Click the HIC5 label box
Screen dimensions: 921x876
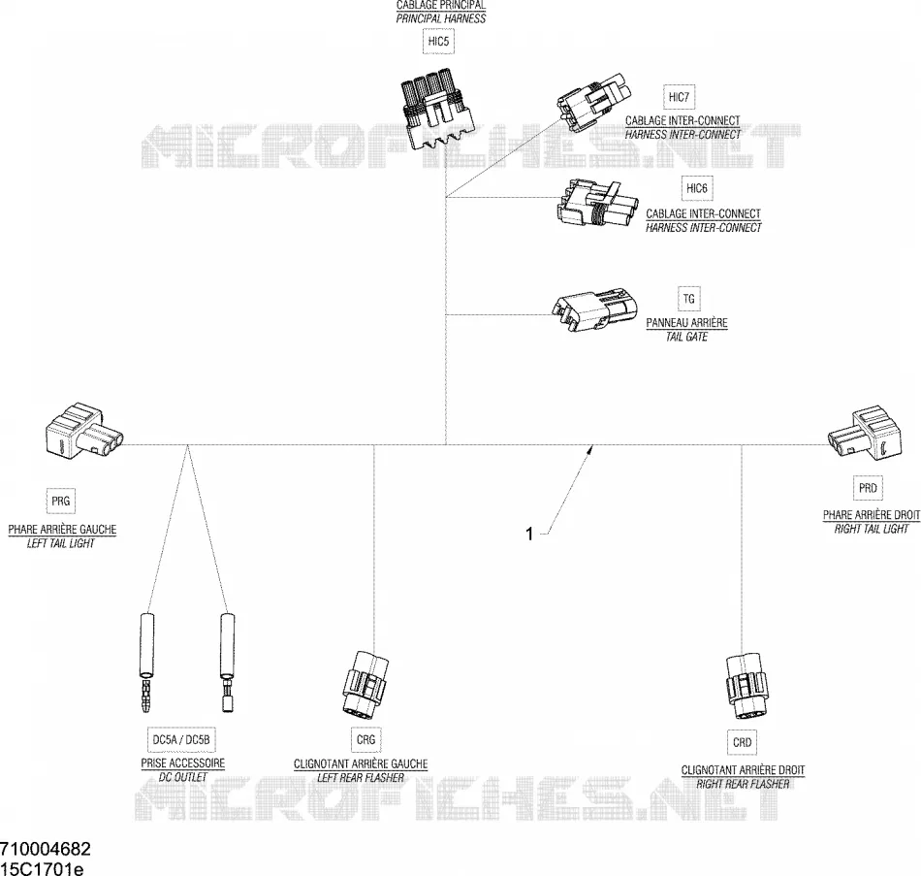click(439, 42)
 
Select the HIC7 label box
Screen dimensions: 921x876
click(679, 97)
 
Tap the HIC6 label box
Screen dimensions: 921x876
click(697, 189)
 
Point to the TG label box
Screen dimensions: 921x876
click(689, 299)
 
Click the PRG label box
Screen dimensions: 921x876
click(61, 501)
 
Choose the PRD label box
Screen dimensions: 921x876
click(868, 488)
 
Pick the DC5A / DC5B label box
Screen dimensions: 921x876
click(181, 739)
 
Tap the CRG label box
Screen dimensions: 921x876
click(365, 739)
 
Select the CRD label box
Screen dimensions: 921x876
click(743, 742)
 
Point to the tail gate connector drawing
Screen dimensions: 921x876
click(594, 311)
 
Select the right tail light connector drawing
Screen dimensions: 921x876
click(865, 432)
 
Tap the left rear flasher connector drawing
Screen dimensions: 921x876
click(365, 682)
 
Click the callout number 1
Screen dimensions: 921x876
click(529, 534)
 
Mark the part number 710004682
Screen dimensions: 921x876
click(46, 849)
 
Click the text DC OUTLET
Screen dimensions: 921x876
click(182, 777)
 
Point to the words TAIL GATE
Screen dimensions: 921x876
click(686, 337)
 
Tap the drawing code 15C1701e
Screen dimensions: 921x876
click(42, 868)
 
